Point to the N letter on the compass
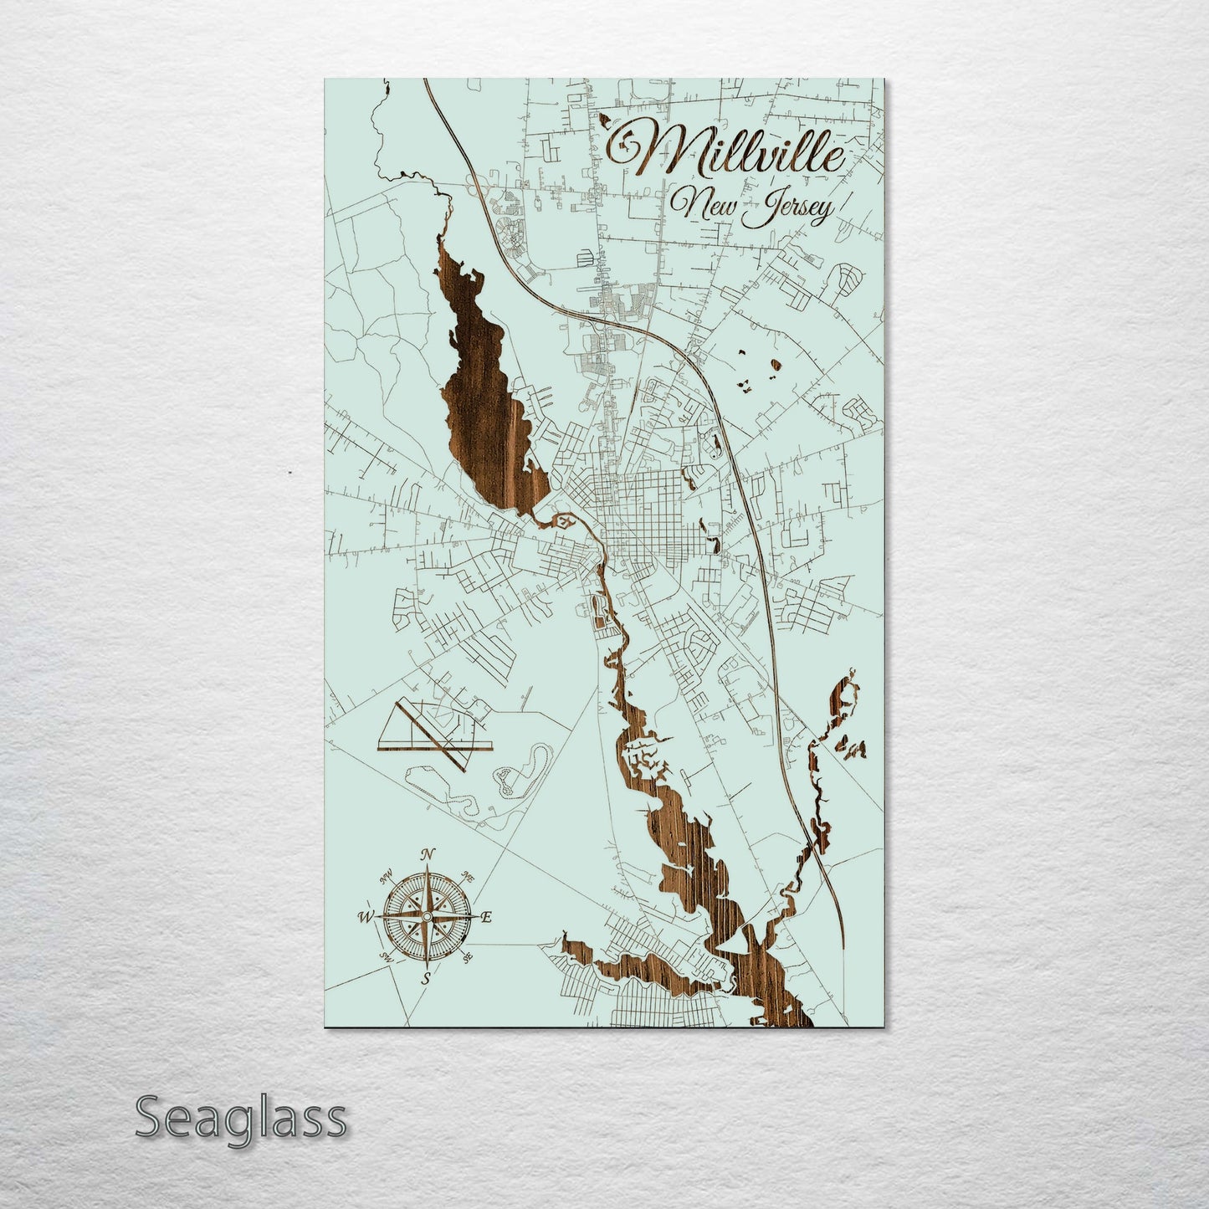pos(428,854)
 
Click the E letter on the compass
pos(486,918)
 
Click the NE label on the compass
pos(468,879)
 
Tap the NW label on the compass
pos(387,879)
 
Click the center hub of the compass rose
pos(427,917)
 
